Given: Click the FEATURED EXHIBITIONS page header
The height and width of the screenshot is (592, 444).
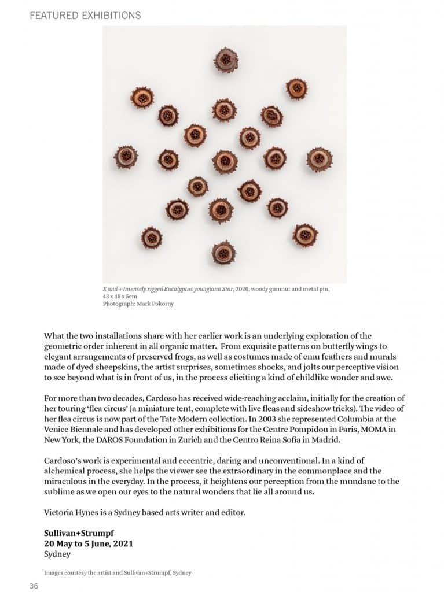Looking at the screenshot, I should click(x=85, y=15).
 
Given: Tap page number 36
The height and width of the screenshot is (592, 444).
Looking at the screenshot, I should click(x=34, y=586).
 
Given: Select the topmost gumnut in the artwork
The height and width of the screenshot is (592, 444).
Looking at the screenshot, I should click(x=226, y=60).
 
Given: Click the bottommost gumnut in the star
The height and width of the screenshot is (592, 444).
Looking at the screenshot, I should click(x=223, y=253).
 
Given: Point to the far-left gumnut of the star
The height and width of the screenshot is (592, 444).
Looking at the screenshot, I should click(x=126, y=157).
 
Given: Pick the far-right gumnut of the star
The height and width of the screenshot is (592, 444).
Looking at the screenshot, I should click(x=319, y=159).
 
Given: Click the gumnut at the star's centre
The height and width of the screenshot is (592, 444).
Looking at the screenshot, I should click(x=225, y=161).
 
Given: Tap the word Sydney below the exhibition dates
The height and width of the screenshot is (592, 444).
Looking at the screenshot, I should click(x=57, y=554).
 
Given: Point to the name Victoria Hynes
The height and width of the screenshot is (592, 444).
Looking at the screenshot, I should click(x=71, y=512).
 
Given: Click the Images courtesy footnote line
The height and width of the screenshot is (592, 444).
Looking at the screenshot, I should click(x=118, y=573).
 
